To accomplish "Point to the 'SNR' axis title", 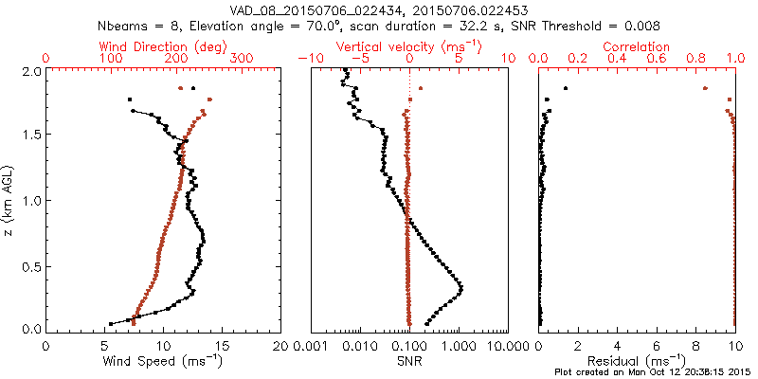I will tap(408, 361).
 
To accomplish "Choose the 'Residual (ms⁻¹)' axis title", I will tap(637, 361).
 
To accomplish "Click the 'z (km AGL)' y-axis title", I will tap(9, 200).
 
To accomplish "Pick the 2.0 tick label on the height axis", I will tap(29, 71).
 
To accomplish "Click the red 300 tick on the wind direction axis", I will tap(243, 59).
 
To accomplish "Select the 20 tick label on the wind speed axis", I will tap(281, 347).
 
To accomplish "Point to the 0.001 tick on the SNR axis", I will tap(311, 347).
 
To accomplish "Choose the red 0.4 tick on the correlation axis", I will tap(617, 59).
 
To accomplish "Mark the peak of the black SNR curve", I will tap(461, 287).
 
